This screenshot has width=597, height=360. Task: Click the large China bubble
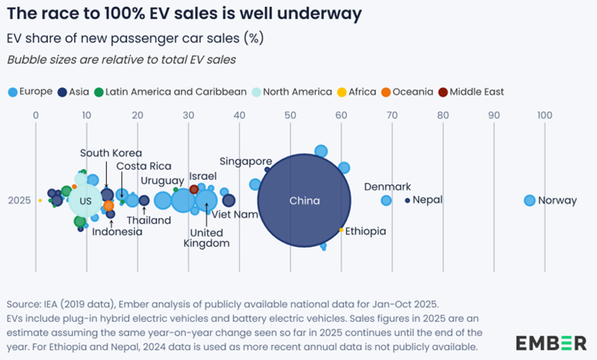pyautogui.click(x=304, y=200)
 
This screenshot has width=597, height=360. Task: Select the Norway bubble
pyautogui.click(x=529, y=200)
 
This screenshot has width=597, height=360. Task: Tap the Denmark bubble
pyautogui.click(x=386, y=200)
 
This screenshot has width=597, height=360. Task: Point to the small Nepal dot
pyautogui.click(x=408, y=200)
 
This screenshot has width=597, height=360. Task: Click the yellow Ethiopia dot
pyautogui.click(x=341, y=230)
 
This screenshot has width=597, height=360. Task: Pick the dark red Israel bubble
pyautogui.click(x=194, y=189)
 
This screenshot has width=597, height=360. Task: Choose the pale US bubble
pyautogui.click(x=86, y=201)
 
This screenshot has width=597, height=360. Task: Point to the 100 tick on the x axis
pyautogui.click(x=545, y=116)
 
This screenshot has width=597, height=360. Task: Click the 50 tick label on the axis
pyautogui.click(x=290, y=116)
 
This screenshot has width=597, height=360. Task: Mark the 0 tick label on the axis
pyautogui.click(x=36, y=116)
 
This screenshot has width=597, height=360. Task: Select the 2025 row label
pyautogui.click(x=20, y=201)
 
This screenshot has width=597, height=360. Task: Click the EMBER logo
pyautogui.click(x=551, y=342)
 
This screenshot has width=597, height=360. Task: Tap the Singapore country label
pyautogui.click(x=245, y=161)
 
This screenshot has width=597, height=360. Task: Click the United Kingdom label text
pyautogui.click(x=207, y=238)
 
